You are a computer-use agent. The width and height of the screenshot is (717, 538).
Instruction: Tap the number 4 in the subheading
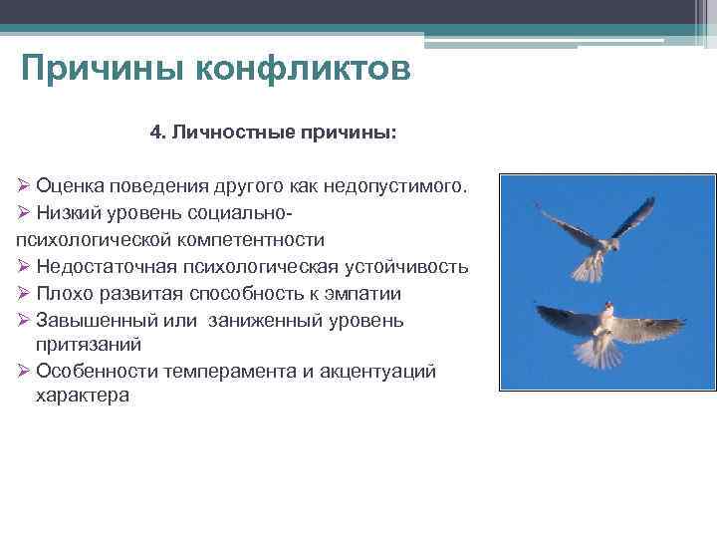point(155,132)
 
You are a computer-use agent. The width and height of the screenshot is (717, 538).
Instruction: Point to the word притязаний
point(88,345)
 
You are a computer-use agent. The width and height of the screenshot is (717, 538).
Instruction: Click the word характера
point(83,396)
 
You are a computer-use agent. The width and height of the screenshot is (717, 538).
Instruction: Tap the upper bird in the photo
point(596,239)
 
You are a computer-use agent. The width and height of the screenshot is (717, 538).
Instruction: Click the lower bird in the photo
point(605,329)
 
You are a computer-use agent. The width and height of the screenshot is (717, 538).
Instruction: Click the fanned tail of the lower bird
point(597,350)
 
